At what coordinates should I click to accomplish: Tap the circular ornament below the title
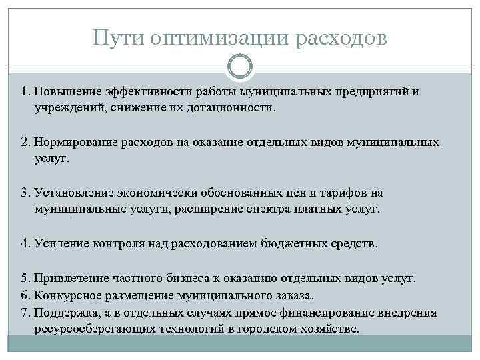tap(240, 67)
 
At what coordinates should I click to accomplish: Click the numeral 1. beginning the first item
tap(26, 91)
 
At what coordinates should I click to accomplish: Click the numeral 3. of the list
tap(26, 193)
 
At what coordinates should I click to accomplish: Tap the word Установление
tap(74, 193)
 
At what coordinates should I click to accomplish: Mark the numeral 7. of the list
tap(26, 313)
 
